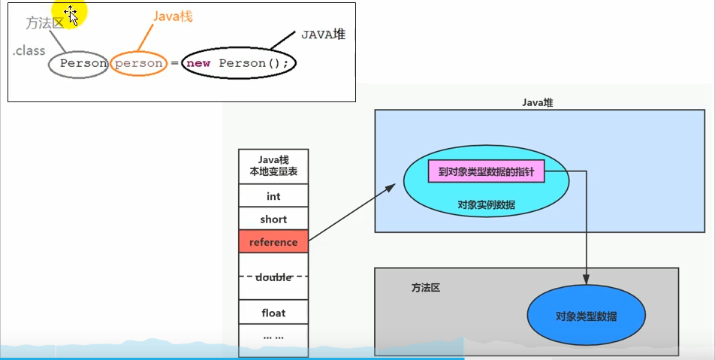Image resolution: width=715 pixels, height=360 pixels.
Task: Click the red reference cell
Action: tap(273, 242)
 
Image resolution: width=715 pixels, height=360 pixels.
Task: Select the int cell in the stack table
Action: tap(273, 196)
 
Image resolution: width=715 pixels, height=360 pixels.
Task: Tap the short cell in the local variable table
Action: tap(273, 219)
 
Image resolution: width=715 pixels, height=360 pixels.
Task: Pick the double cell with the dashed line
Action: tap(273, 277)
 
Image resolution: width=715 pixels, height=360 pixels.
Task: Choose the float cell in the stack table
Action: tap(273, 313)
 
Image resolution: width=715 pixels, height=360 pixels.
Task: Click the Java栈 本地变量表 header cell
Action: tap(273, 166)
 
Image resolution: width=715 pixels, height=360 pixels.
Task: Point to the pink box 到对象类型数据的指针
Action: tap(486, 171)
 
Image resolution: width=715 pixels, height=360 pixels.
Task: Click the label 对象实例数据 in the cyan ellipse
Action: tap(486, 204)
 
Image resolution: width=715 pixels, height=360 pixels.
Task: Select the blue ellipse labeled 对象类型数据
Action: tap(586, 316)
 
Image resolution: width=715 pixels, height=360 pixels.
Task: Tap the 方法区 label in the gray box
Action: tap(426, 287)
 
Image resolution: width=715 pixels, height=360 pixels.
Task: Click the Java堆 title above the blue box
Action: tap(538, 102)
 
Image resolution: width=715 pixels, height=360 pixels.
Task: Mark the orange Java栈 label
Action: tap(173, 16)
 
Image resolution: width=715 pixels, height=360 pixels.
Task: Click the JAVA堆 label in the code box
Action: tap(324, 34)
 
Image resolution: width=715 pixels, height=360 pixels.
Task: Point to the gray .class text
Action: tap(29, 51)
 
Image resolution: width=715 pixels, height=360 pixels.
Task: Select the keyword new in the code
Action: tap(198, 63)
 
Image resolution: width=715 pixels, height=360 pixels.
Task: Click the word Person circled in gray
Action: tap(83, 63)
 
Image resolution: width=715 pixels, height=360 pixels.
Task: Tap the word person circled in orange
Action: tap(139, 63)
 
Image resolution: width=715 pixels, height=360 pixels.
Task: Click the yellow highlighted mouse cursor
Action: tap(71, 14)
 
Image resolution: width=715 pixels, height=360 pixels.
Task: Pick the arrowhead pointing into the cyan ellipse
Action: tap(392, 187)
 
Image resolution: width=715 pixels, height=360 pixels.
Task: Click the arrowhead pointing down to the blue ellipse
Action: tap(587, 280)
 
